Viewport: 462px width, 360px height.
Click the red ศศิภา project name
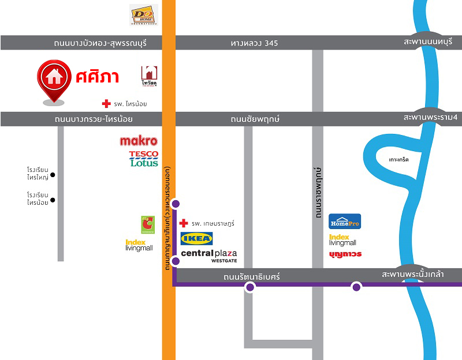97,76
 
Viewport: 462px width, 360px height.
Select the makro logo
139,141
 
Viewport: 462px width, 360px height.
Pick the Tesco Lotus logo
144,159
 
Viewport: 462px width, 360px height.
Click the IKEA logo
196,238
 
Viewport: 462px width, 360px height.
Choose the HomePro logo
345,221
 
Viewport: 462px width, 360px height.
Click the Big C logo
147,224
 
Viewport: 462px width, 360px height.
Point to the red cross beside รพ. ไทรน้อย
106,104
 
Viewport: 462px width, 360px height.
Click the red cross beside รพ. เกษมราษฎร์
184,223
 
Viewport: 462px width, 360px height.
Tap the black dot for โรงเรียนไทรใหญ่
53,175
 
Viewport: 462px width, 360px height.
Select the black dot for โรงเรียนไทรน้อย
53,200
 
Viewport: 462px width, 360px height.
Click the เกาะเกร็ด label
398,159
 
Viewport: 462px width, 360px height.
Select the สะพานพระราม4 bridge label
430,118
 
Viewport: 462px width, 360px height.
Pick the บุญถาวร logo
345,254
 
